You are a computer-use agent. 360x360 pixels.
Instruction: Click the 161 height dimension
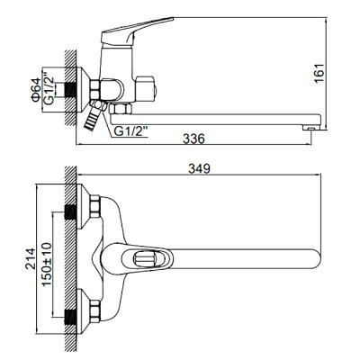320,74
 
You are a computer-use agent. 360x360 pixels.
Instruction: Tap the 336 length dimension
193,139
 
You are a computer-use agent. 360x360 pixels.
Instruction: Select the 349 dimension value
199,169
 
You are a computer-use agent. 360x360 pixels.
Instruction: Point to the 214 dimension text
30,259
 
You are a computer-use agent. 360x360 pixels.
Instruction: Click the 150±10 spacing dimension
47,265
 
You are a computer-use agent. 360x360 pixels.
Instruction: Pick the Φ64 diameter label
36,89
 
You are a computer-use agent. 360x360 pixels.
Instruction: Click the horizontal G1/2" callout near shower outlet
131,131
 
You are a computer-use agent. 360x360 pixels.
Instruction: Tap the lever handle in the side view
137,32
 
